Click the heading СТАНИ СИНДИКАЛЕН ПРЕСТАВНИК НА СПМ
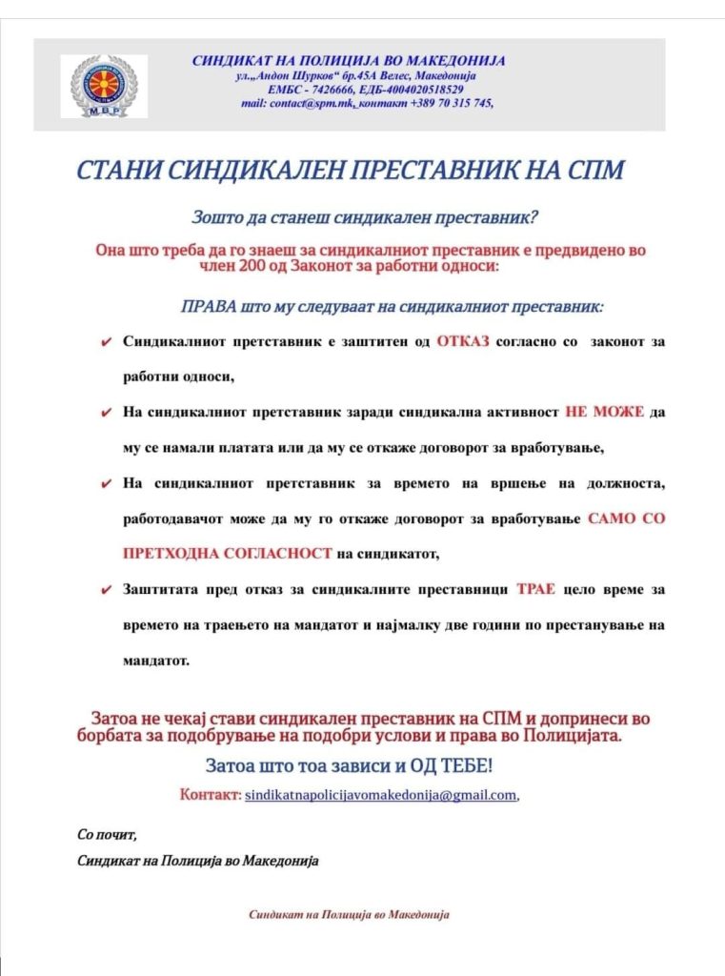click(x=350, y=171)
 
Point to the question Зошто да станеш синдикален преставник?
click(x=367, y=216)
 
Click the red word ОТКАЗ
click(x=463, y=341)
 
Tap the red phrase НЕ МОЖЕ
click(x=605, y=412)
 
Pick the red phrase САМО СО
click(x=627, y=518)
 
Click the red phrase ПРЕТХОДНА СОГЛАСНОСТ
click(x=229, y=553)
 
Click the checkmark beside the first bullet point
click(x=106, y=342)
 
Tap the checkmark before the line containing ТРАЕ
click(x=106, y=590)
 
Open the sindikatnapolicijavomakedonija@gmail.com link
click(x=381, y=794)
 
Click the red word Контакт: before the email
click(x=210, y=794)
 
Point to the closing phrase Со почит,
click(x=107, y=835)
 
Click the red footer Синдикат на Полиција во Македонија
click(x=349, y=914)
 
